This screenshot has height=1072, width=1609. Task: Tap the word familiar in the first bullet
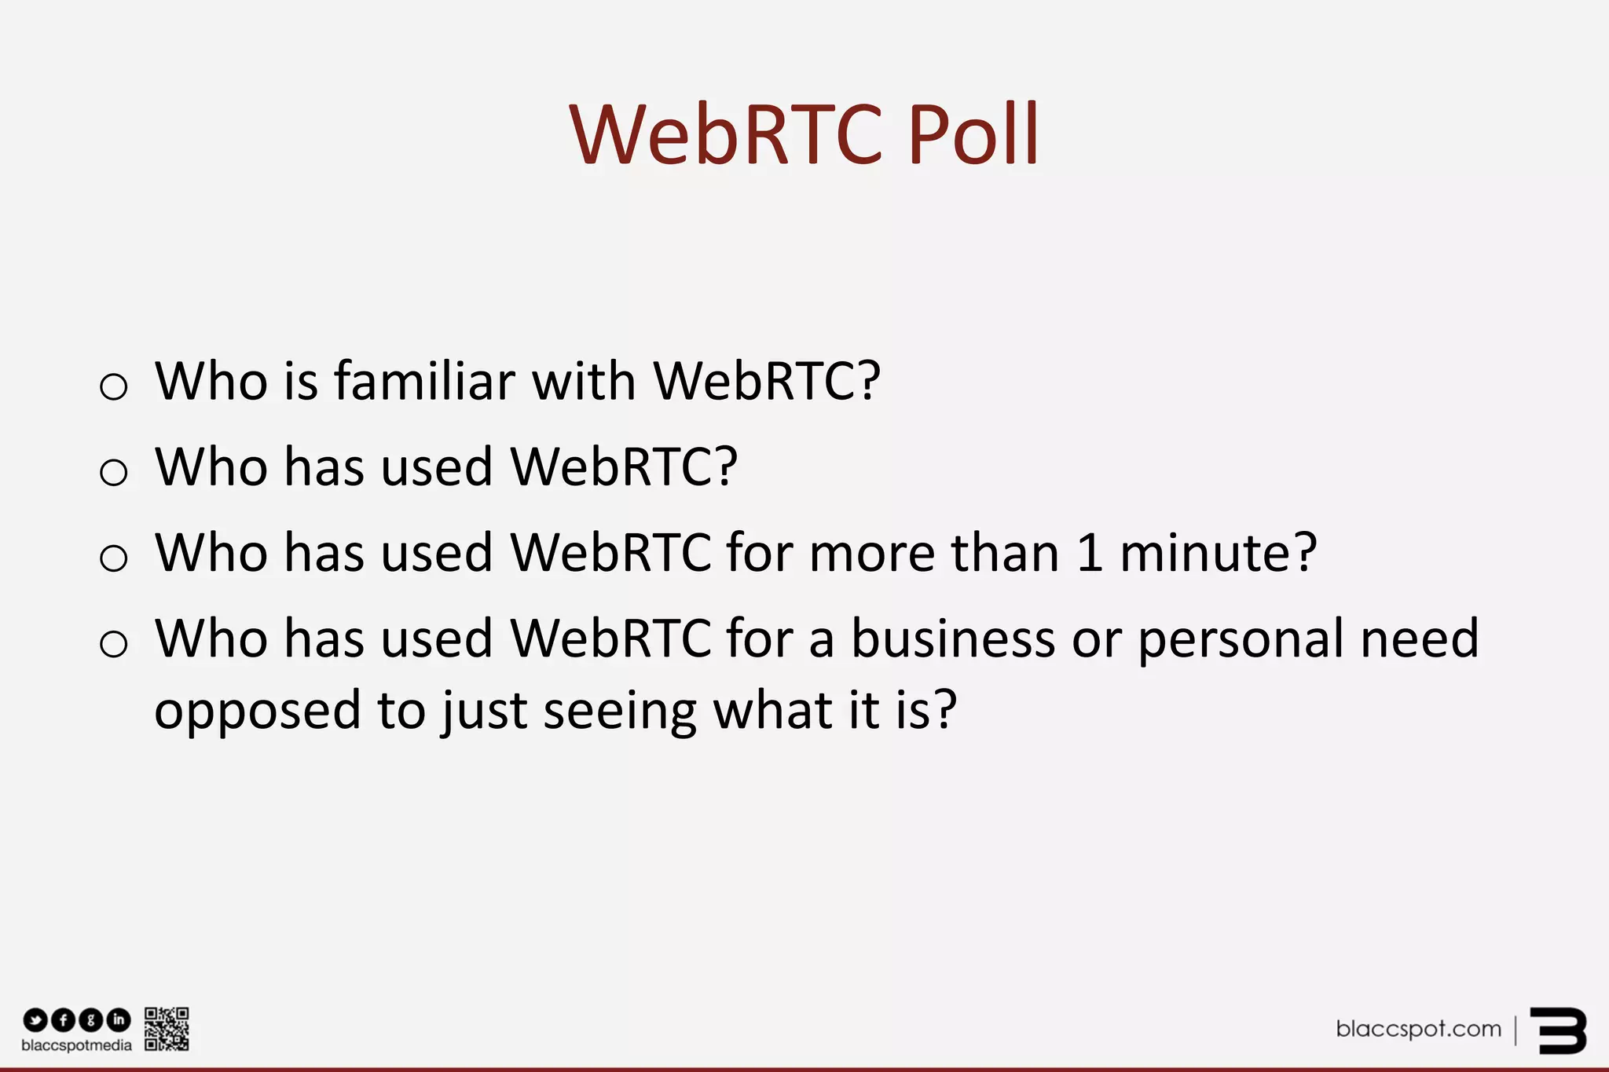click(x=424, y=382)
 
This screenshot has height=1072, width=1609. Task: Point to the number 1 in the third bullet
click(x=1089, y=553)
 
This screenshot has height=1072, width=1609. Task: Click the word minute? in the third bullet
click(x=1218, y=553)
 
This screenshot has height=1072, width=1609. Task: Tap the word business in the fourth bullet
click(x=952, y=638)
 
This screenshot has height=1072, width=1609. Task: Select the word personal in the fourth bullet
click(x=1241, y=640)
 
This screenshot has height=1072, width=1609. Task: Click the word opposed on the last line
click(x=257, y=712)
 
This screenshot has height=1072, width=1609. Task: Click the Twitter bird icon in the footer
click(x=35, y=1020)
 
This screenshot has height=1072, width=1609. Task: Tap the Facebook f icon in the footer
click(x=63, y=1020)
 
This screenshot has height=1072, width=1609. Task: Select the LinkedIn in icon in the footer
click(x=119, y=1020)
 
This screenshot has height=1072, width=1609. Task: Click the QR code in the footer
click(x=167, y=1029)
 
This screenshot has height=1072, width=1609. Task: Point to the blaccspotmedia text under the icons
click(x=76, y=1046)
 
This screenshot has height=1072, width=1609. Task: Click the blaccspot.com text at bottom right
click(x=1418, y=1029)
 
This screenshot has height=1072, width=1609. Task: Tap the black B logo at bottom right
click(x=1558, y=1030)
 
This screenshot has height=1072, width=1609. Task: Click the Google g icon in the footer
click(x=91, y=1020)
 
